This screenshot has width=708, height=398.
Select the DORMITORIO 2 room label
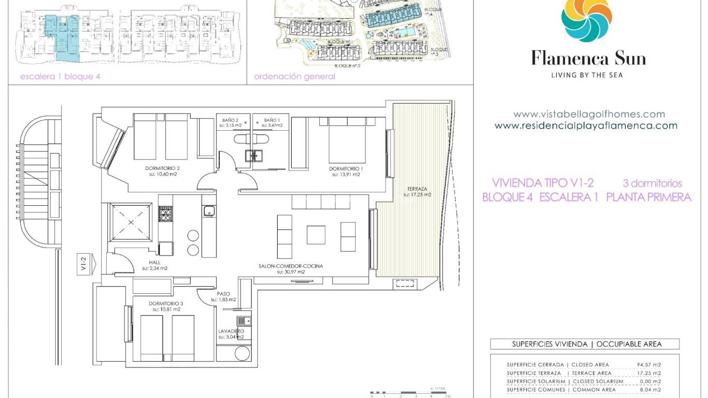click(x=164, y=168)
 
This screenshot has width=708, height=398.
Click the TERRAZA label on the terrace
click(x=417, y=189)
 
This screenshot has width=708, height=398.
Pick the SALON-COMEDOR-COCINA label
click(x=290, y=266)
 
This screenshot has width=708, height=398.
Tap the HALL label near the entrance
click(x=154, y=262)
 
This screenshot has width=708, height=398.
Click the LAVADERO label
click(x=231, y=331)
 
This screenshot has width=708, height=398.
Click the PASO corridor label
click(x=223, y=294)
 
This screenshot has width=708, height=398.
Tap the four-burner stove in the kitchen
click(x=165, y=214)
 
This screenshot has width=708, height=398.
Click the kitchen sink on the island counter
click(x=209, y=210)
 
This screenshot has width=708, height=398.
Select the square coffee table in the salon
click(x=316, y=235)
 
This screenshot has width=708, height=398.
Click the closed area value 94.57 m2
click(x=649, y=365)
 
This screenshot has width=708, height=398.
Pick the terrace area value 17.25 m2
click(x=649, y=373)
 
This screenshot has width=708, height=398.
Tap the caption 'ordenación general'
click(x=294, y=77)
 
